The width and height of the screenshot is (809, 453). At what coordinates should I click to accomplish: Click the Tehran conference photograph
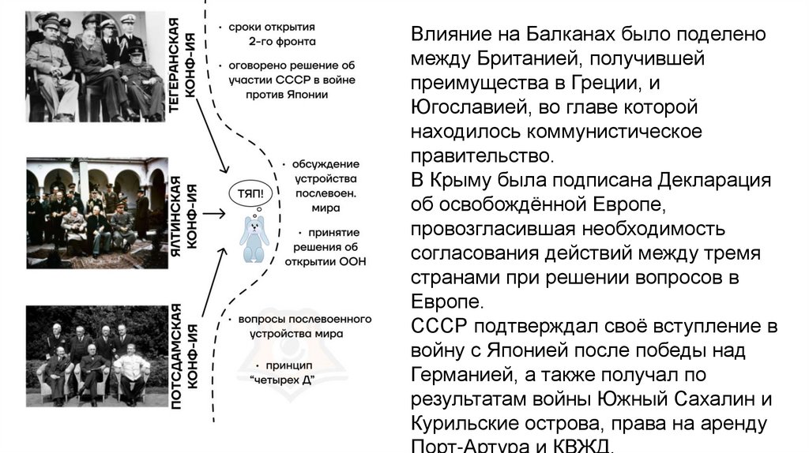[x=92, y=66]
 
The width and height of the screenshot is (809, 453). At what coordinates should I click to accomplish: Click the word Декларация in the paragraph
[x=714, y=180]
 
